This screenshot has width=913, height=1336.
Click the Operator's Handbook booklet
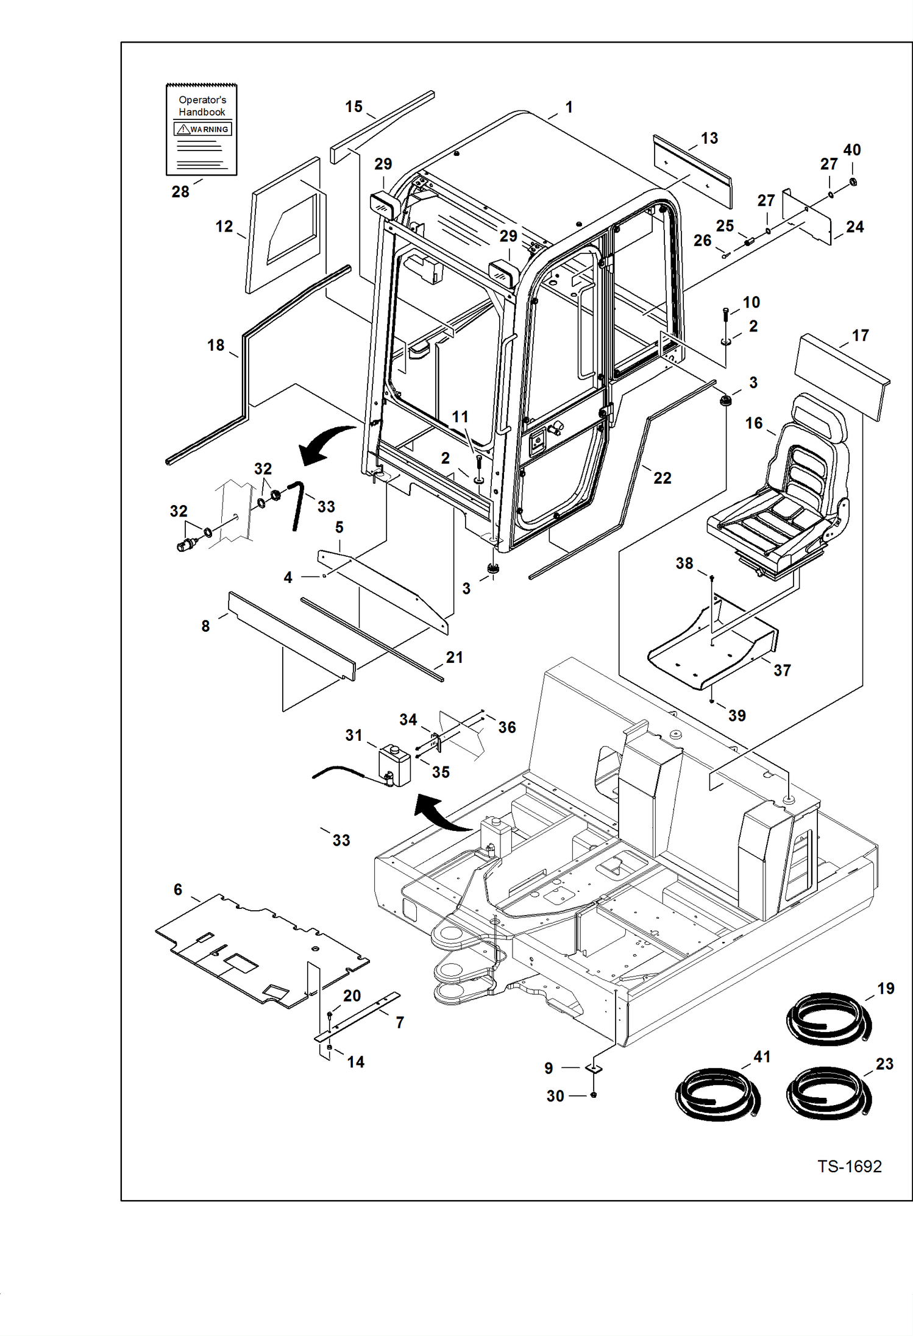tap(201, 130)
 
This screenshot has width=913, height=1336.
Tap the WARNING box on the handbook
tap(202, 129)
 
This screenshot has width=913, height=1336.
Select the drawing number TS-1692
tap(849, 1166)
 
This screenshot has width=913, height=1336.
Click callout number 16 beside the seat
tap(753, 423)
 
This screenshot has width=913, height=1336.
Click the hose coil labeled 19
tap(828, 1019)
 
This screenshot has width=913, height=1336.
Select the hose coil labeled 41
tap(717, 1094)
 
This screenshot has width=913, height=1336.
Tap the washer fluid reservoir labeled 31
tap(395, 765)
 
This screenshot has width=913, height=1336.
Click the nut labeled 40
tap(853, 182)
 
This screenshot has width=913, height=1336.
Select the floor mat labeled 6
tap(262, 950)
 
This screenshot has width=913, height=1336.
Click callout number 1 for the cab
tap(569, 107)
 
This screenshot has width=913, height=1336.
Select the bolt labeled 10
tap(725, 316)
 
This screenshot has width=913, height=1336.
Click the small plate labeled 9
tap(593, 1068)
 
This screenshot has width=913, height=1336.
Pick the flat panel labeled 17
tap(841, 376)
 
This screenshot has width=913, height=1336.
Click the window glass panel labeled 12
tap(285, 225)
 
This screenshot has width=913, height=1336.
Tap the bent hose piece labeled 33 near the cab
tap(297, 504)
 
